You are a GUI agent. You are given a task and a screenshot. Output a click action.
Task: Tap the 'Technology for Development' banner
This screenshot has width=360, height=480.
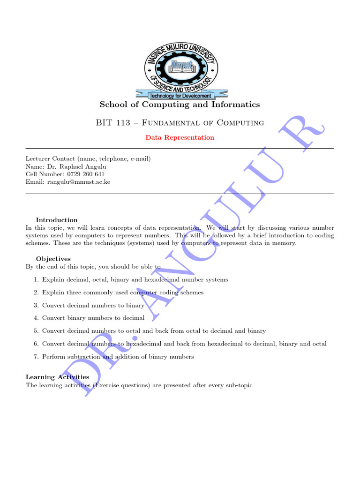[180, 96]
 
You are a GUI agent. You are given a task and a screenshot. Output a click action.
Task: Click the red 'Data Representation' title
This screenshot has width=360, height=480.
[180, 138]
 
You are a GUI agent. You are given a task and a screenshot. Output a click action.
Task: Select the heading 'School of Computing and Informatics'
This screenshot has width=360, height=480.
[180, 105]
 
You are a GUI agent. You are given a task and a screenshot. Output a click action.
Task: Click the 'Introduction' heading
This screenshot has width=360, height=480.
[57, 220]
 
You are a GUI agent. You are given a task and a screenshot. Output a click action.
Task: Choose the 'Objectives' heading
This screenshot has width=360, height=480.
[53, 259]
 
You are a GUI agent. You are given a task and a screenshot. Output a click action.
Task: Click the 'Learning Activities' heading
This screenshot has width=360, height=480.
[57, 377]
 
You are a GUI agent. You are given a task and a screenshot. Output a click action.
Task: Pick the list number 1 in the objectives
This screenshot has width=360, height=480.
[36, 279]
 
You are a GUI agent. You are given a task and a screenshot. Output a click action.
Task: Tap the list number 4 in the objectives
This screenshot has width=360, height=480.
[36, 318]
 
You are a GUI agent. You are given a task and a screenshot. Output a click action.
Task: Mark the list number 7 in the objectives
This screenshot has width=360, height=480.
[36, 357]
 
